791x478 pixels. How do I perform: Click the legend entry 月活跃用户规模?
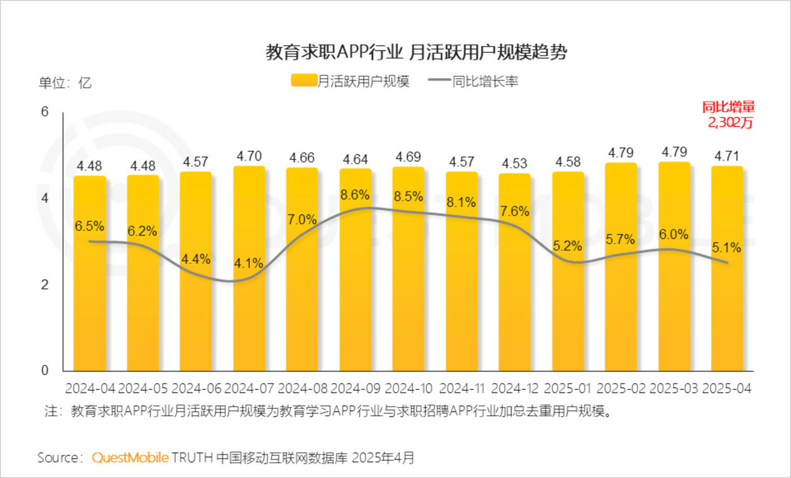(351, 81)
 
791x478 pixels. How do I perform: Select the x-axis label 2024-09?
(356, 389)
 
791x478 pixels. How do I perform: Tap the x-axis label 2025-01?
(568, 389)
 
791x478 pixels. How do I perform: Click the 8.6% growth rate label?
(355, 195)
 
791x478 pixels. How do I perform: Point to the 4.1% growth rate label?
(249, 263)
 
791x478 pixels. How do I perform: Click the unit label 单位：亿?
(64, 83)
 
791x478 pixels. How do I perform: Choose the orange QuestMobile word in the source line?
(131, 457)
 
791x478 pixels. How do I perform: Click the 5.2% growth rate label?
(568, 246)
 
